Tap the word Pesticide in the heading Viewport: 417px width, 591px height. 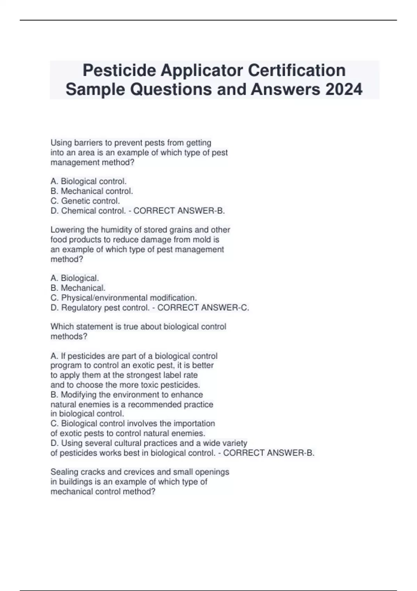click(x=119, y=71)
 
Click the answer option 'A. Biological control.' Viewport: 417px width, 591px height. click(x=88, y=181)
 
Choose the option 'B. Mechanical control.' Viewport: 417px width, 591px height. click(x=92, y=191)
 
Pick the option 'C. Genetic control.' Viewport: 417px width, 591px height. click(x=85, y=201)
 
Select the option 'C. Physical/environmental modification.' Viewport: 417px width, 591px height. click(x=124, y=298)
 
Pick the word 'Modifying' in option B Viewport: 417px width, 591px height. click(x=79, y=395)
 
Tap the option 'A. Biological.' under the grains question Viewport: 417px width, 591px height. click(x=75, y=278)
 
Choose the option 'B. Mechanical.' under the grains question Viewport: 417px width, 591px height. click(x=78, y=288)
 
